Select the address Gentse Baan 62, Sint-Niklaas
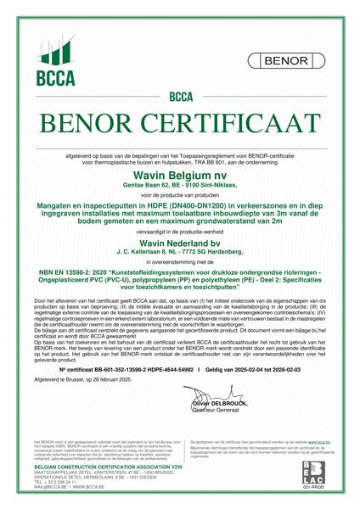(x=179, y=183)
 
